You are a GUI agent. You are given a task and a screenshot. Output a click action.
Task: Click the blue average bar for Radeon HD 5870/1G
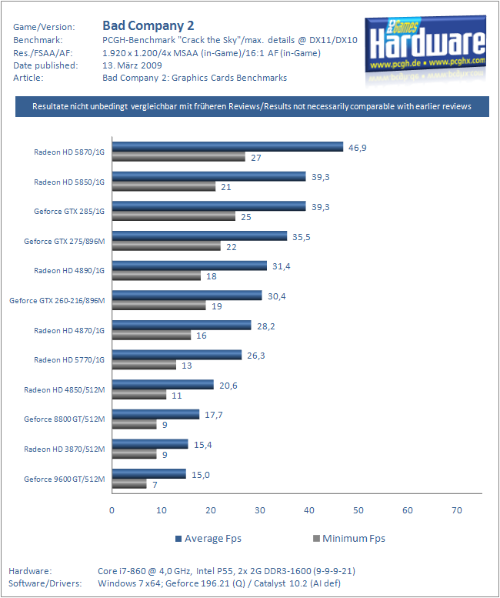[x=228, y=147]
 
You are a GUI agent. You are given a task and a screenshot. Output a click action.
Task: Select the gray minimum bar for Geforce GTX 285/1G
[x=173, y=216]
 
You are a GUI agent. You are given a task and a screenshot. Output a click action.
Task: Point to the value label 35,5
[x=302, y=236]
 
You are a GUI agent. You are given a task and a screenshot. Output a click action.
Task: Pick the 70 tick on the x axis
[x=457, y=509]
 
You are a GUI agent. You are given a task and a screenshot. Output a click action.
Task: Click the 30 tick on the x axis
[x=259, y=509]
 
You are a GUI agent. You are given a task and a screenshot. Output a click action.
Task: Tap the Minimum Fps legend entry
[x=349, y=538]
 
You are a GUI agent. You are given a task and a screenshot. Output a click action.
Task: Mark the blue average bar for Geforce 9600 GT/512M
[x=148, y=474]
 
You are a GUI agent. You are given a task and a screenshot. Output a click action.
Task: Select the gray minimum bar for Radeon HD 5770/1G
[x=144, y=365]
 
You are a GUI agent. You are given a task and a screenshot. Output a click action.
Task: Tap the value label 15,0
[x=200, y=474]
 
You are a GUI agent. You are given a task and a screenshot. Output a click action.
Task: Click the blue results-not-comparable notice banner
[x=252, y=106]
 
